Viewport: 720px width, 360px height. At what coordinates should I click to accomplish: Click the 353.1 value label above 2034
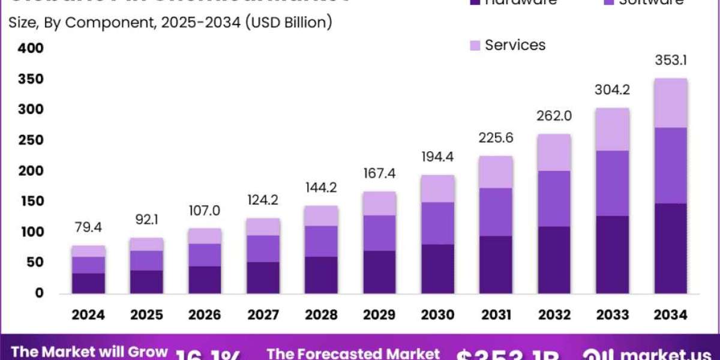click(x=671, y=62)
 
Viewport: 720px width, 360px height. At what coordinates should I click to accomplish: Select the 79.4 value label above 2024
click(x=89, y=227)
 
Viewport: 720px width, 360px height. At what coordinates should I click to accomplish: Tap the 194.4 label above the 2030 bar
click(x=438, y=158)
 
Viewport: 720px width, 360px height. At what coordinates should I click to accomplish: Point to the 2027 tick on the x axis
click(x=263, y=314)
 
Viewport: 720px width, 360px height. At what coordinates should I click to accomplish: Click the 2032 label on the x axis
click(x=554, y=314)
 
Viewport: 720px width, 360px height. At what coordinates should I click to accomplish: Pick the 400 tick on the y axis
click(x=30, y=48)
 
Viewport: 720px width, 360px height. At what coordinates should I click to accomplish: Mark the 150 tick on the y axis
click(x=30, y=201)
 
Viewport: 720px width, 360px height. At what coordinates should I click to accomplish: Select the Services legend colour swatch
click(x=474, y=45)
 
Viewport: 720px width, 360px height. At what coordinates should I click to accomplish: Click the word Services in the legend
click(x=515, y=45)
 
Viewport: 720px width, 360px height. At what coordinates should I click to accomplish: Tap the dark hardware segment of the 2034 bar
click(x=671, y=248)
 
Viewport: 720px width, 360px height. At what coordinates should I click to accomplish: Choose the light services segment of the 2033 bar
click(x=613, y=129)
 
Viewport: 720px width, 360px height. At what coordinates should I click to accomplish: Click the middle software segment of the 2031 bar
click(x=496, y=212)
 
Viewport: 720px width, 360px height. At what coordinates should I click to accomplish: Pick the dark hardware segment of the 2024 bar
click(x=89, y=283)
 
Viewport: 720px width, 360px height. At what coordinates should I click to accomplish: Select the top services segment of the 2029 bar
click(x=380, y=203)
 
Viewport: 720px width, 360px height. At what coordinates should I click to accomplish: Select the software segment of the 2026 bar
click(x=205, y=255)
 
